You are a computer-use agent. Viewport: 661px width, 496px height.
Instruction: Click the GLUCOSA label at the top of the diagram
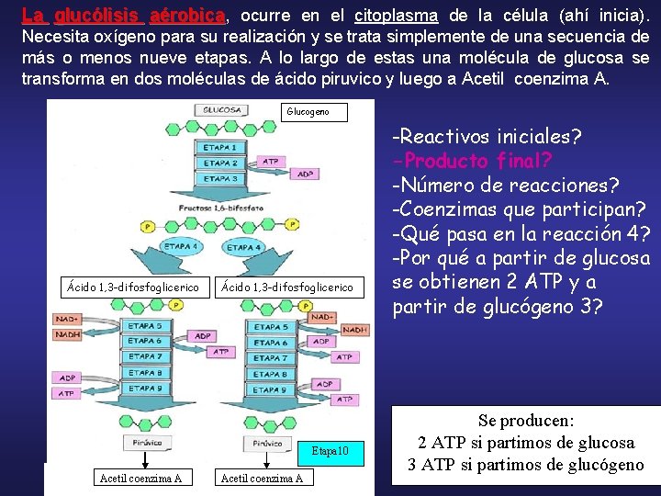(221, 109)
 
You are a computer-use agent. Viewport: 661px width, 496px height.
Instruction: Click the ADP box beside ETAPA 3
(306, 174)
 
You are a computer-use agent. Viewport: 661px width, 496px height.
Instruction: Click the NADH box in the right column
(353, 329)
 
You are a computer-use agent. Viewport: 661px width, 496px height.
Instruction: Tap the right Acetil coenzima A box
(263, 478)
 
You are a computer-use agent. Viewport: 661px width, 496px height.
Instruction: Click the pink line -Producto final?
(472, 161)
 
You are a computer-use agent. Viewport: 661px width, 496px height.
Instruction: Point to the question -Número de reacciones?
(505, 185)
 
